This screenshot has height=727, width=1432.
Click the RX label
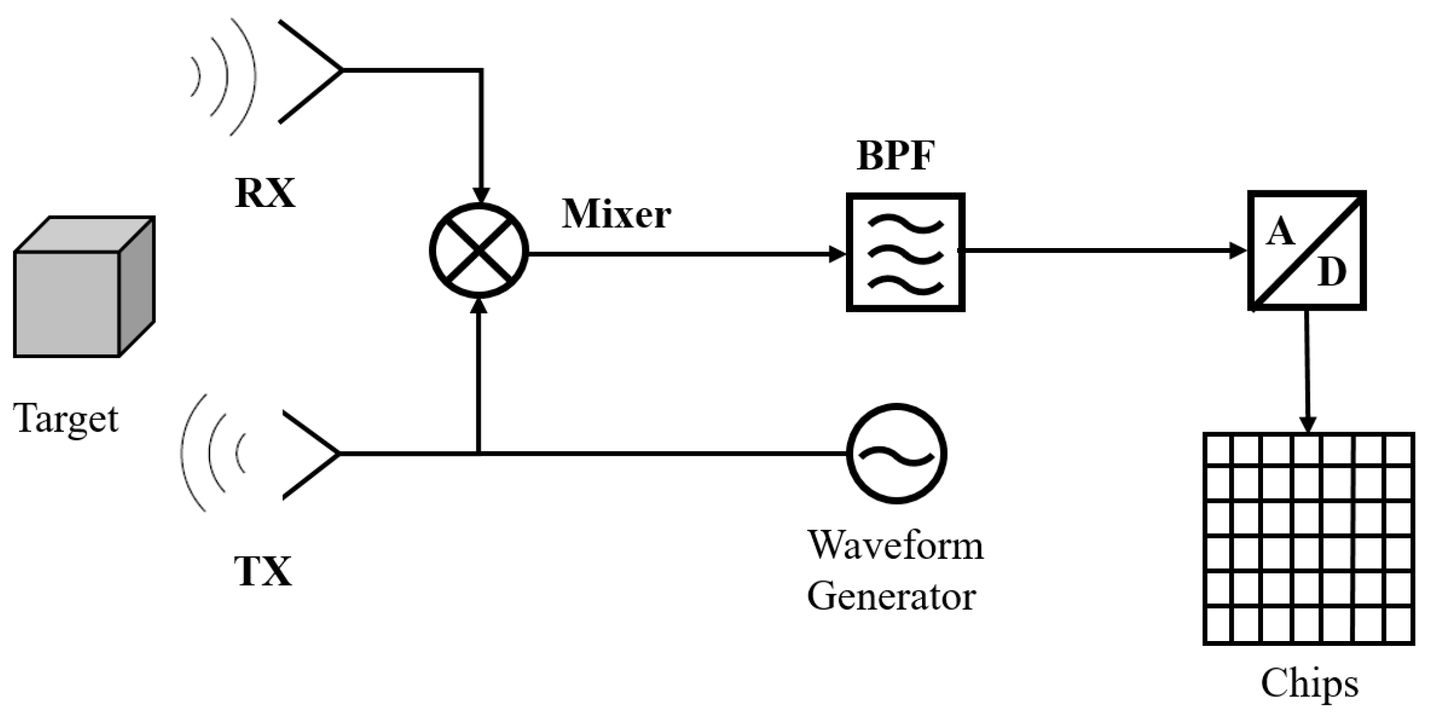(x=265, y=193)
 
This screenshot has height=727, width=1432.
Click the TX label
(x=263, y=572)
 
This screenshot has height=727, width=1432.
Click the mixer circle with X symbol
(x=479, y=251)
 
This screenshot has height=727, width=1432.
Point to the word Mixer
(x=616, y=214)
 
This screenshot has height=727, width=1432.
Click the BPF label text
(x=895, y=155)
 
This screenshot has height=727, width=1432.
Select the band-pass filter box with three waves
(x=905, y=252)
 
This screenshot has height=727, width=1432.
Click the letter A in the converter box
(x=1280, y=233)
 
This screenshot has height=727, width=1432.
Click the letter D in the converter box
(x=1331, y=272)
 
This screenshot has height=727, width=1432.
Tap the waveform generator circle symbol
(x=896, y=454)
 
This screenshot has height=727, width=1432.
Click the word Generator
(x=891, y=596)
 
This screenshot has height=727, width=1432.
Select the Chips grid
(x=1309, y=538)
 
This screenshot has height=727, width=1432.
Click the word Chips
(x=1309, y=683)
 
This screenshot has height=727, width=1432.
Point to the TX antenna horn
(x=311, y=454)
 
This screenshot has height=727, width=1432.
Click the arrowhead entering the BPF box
(x=837, y=254)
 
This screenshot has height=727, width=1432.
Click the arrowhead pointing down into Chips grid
(x=1308, y=424)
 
